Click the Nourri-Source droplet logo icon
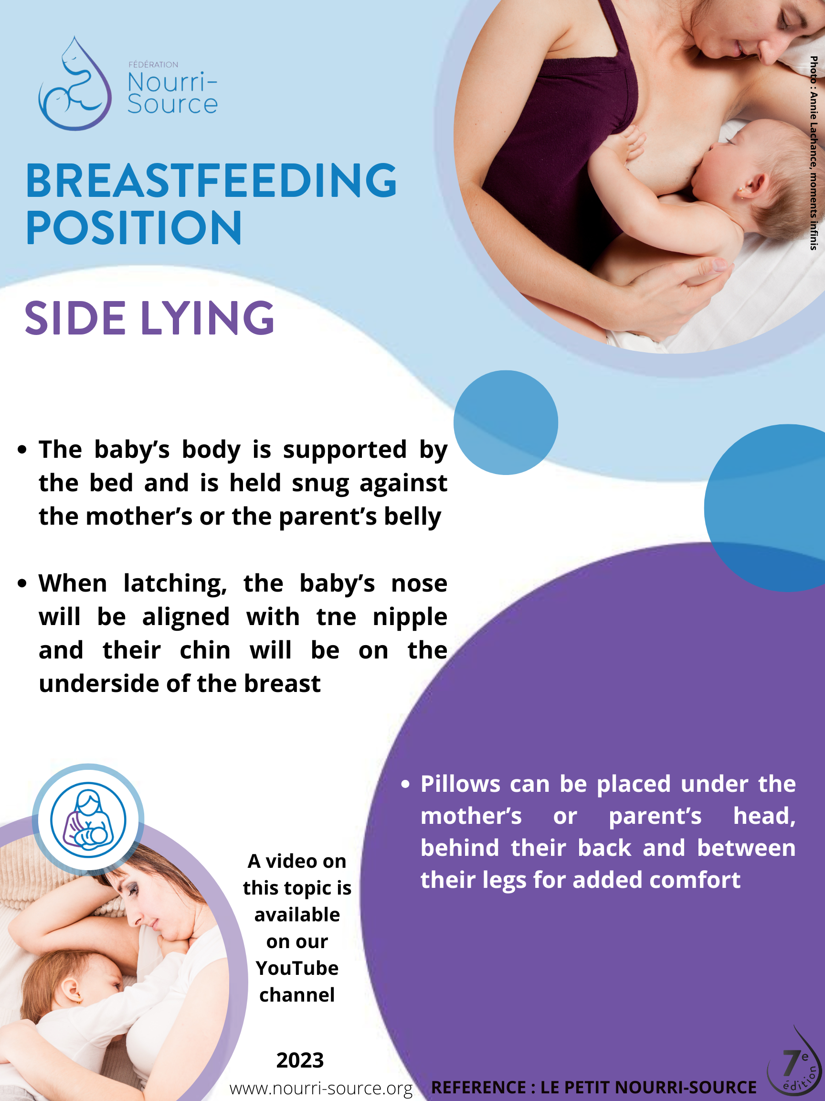point(75,83)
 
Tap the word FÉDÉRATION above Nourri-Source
point(153,65)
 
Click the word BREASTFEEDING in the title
point(212,180)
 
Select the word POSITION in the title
point(134,227)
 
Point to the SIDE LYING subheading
point(149,319)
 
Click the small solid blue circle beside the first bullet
point(506,422)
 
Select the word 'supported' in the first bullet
point(345,451)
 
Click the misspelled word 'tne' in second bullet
point(336,617)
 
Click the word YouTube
point(297,968)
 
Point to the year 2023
point(300,1061)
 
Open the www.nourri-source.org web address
point(321,1089)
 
